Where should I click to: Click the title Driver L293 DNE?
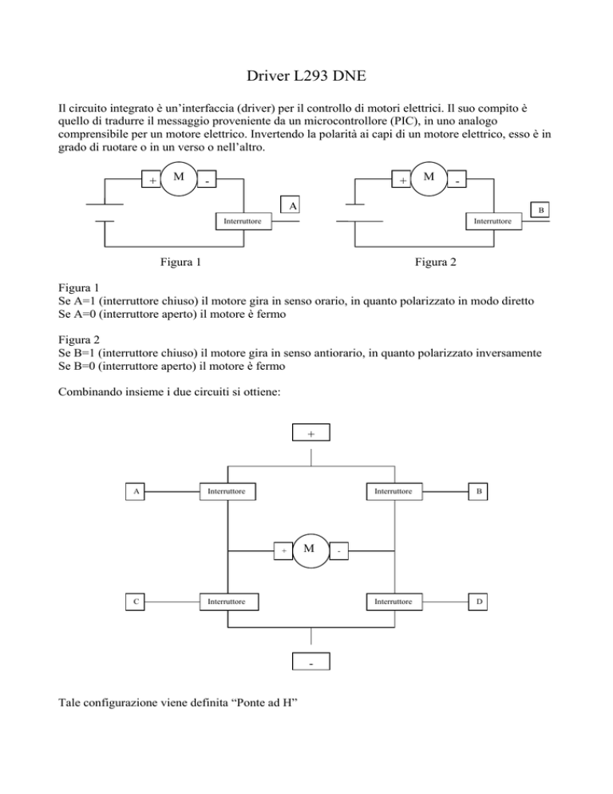(x=306, y=77)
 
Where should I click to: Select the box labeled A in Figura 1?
(x=294, y=205)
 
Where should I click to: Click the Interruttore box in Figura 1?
(x=243, y=221)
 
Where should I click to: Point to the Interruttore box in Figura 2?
(x=493, y=221)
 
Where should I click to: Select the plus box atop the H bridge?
(x=310, y=433)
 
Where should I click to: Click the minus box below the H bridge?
(x=310, y=662)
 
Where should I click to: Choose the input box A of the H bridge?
(x=137, y=492)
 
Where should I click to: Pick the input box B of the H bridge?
(x=478, y=492)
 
